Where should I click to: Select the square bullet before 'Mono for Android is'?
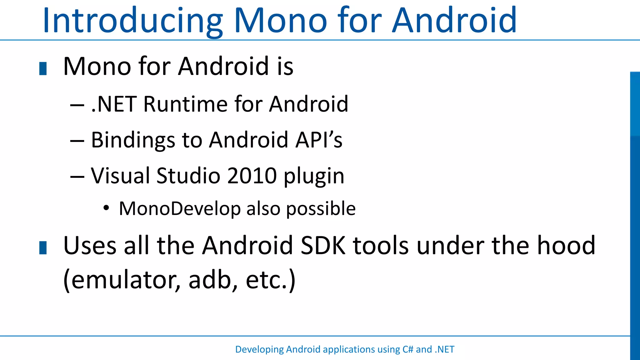coord(43,68)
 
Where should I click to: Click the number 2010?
coord(252,176)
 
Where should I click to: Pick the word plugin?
coord(314,176)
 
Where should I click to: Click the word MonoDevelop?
coord(180,208)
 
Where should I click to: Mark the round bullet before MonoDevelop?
coord(106,208)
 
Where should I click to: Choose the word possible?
coord(321,209)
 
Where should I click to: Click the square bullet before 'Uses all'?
coord(43,247)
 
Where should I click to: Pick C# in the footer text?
coord(408,349)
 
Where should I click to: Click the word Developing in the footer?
coord(259,349)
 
